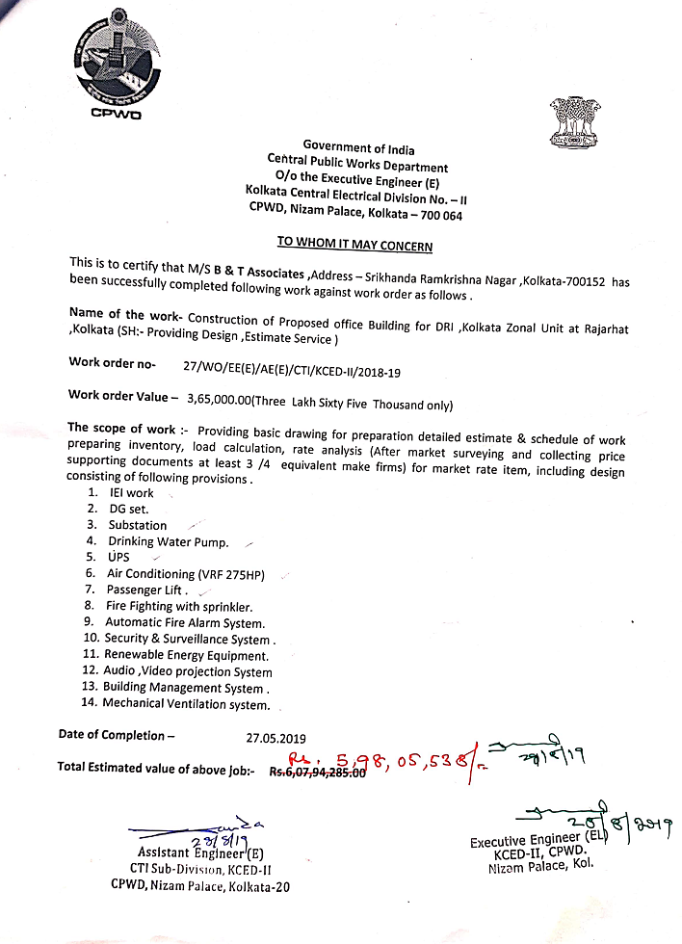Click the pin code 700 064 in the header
pos(439,216)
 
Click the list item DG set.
pos(128,509)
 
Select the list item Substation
pos(137,525)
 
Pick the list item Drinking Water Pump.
pos(168,541)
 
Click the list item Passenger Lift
pos(146,590)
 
